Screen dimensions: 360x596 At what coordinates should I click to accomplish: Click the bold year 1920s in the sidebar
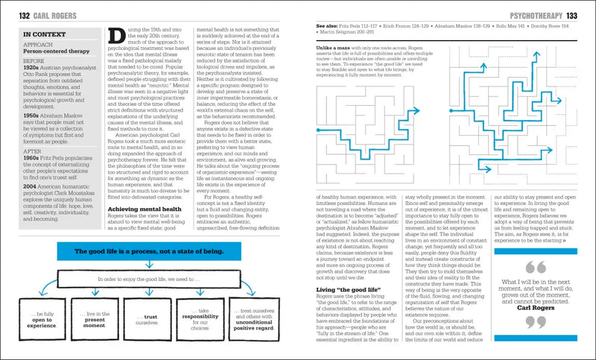33,73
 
